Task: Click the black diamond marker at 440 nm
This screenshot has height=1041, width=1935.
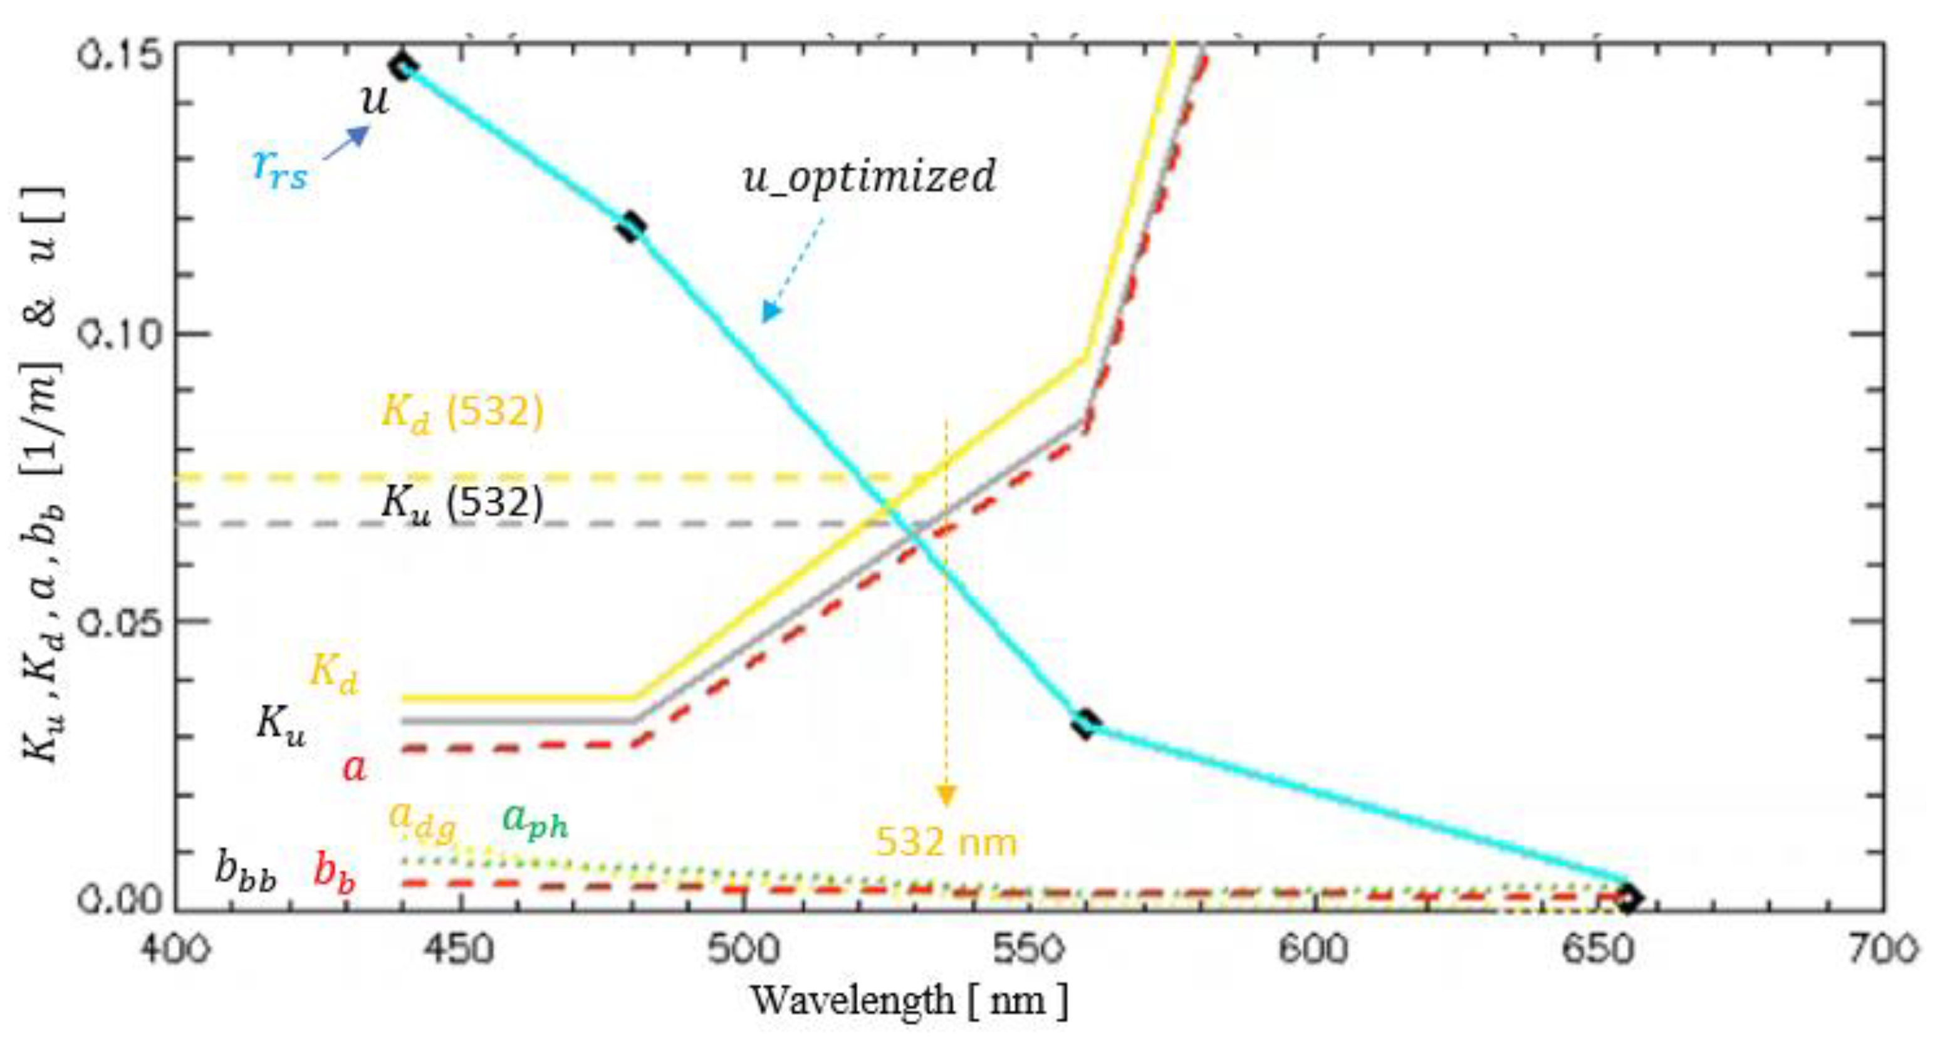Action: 404,66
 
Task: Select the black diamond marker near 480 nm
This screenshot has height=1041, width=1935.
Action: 631,226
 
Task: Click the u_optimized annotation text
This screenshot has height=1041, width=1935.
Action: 869,177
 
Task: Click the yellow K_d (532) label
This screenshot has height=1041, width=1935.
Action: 462,413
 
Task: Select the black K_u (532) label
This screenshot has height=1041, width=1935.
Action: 462,503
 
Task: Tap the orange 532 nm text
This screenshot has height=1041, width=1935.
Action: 946,842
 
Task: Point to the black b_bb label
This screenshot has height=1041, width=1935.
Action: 246,871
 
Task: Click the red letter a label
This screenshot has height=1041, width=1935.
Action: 355,769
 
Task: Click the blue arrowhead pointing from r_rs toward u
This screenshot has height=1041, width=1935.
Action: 360,135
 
